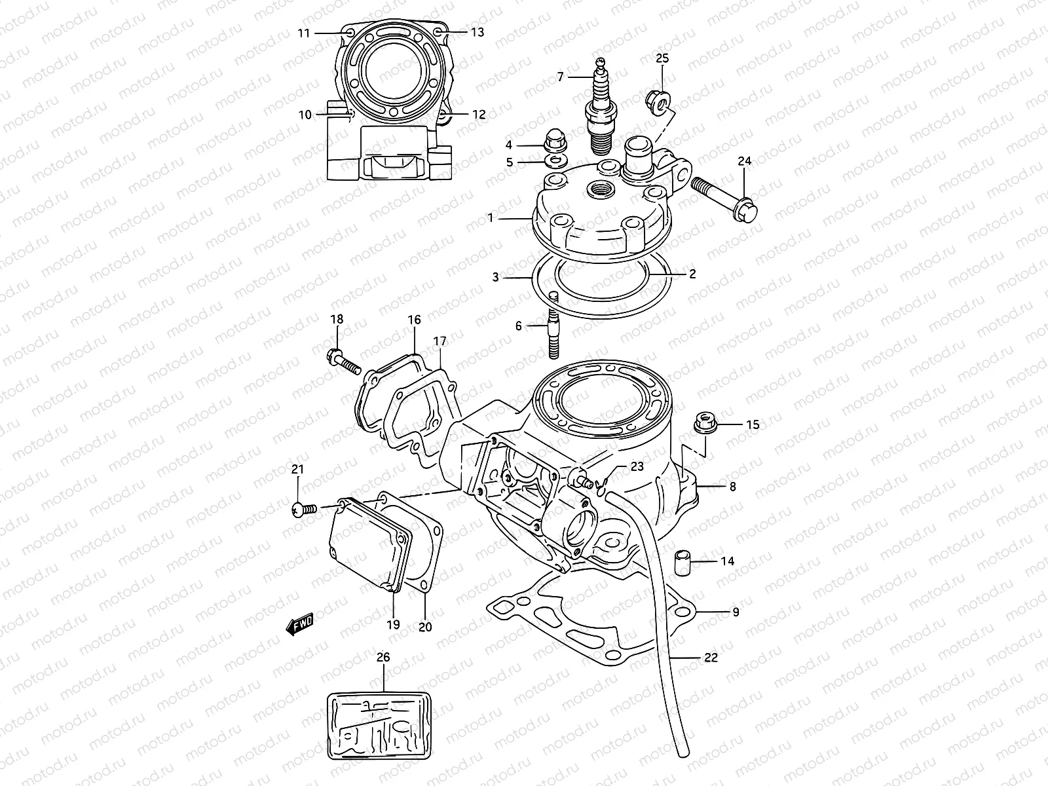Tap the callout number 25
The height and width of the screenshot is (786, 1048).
[662, 59]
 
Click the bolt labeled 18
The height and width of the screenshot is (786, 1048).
[343, 360]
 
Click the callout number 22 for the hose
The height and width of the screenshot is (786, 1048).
[710, 658]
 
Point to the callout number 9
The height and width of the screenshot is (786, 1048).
[736, 612]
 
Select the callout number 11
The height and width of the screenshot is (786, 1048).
[303, 33]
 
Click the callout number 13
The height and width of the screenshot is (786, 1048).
[477, 32]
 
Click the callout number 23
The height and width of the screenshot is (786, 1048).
[637, 466]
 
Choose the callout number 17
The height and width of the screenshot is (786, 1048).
[440, 341]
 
